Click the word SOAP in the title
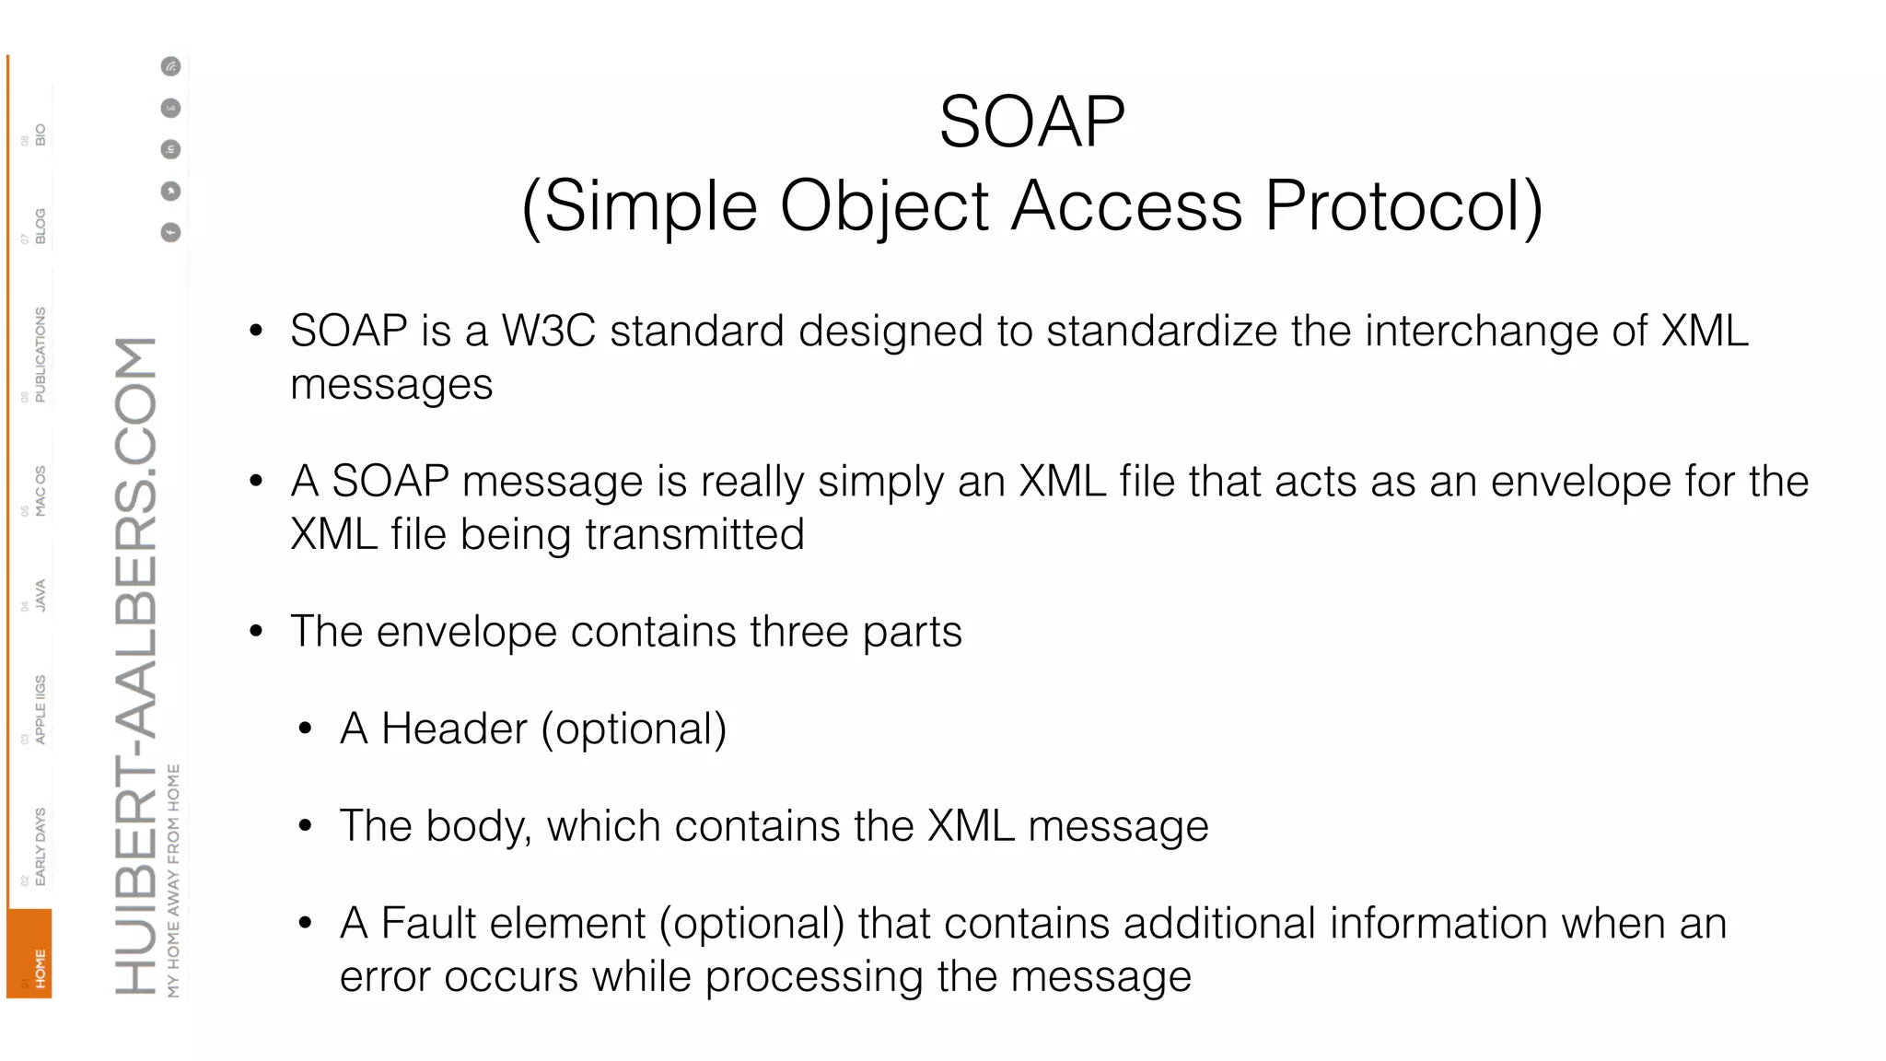[1031, 122]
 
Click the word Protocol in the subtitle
[1403, 205]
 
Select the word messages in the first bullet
[391, 385]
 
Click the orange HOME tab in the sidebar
[31, 955]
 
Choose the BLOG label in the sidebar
[40, 226]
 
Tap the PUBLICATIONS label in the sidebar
[40, 355]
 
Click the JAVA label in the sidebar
[40, 595]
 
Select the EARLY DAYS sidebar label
[40, 845]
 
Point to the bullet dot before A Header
[306, 729]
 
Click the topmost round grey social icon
[171, 66]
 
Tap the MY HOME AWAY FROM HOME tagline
[174, 880]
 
